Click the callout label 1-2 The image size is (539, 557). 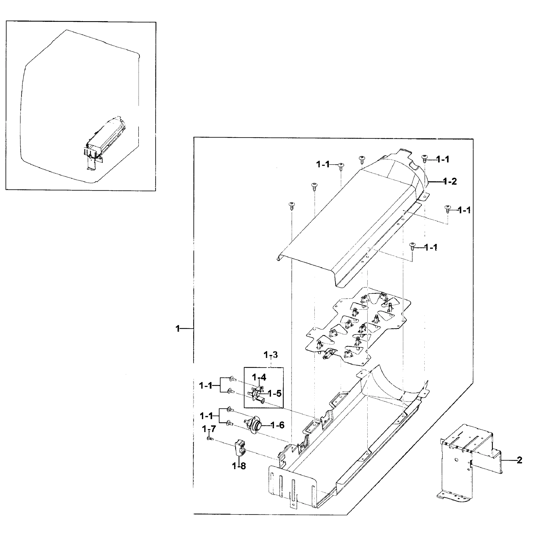(x=450, y=181)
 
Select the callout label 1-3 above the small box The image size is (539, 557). (x=271, y=355)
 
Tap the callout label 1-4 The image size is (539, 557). (x=259, y=377)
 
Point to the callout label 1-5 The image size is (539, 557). (x=274, y=394)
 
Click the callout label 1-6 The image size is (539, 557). (x=277, y=425)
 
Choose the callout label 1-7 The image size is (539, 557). (x=209, y=429)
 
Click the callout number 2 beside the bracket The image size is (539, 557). (x=519, y=460)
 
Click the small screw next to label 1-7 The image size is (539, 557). (x=210, y=439)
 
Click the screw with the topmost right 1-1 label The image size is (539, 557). (x=424, y=159)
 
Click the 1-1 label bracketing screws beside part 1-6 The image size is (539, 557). (x=206, y=416)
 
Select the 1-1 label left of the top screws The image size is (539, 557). (x=323, y=164)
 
